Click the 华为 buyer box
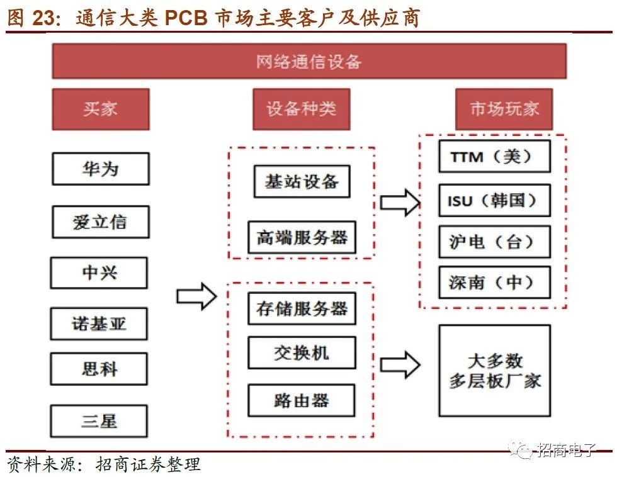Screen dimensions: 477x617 (100, 169)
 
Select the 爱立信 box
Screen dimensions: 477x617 (100, 222)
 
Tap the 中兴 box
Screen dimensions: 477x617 (99, 272)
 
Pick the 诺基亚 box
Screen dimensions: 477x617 (99, 324)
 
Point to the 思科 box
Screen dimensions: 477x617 (99, 368)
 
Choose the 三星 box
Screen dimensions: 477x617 (99, 420)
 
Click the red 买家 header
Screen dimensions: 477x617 (100, 109)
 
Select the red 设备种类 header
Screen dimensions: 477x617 (301, 109)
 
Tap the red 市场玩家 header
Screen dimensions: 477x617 (504, 109)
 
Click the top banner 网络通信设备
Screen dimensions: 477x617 (308, 61)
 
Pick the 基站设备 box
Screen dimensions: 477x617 (301, 182)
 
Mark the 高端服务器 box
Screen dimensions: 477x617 (302, 237)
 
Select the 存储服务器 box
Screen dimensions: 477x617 (302, 309)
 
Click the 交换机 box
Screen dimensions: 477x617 (302, 352)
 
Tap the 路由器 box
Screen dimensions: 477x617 (302, 400)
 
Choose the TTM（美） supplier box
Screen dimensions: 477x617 (494, 157)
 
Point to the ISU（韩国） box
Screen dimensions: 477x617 (494, 201)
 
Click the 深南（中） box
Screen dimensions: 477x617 (494, 283)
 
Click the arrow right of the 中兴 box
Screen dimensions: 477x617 (196, 296)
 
